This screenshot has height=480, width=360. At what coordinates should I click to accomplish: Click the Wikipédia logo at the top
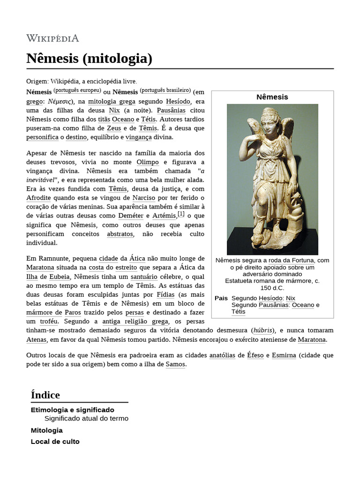pos(52,38)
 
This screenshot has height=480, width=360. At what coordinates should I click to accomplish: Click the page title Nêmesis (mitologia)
pos(89,59)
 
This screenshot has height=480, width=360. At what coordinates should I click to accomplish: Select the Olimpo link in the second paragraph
pos(148,162)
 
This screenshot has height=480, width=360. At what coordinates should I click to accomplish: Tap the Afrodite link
pos(38,198)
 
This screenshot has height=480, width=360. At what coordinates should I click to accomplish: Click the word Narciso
pos(143,198)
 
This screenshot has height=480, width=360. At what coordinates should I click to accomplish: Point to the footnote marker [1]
pos(181,214)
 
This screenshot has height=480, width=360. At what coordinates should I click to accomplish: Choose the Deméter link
pos(131,216)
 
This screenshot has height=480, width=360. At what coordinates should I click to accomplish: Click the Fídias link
pos(165,295)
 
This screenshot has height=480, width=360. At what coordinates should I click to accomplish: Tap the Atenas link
pos(37,339)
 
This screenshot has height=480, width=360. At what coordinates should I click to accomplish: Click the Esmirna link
pos(284,355)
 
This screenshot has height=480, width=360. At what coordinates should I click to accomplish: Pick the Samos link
pos(175,364)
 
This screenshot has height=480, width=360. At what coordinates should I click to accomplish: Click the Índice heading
pos(45,395)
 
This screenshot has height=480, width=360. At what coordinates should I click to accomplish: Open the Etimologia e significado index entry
pos(72,410)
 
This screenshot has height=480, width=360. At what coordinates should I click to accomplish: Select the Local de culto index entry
pos(55,442)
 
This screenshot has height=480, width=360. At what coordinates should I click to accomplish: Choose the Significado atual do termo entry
pos(86,418)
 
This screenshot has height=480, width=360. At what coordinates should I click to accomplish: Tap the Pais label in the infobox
pos(221,298)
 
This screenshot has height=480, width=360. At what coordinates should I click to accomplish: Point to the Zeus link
pos(114,128)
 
